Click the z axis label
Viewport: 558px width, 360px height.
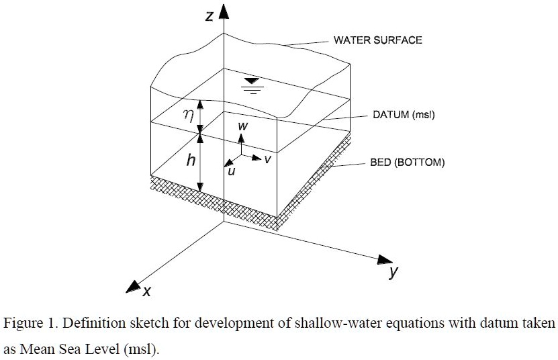click(x=210, y=15)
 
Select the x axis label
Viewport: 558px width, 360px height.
click(x=146, y=291)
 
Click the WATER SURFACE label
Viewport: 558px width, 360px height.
click(x=377, y=40)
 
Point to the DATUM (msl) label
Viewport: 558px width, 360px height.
click(x=404, y=115)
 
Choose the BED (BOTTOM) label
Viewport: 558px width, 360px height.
click(x=407, y=163)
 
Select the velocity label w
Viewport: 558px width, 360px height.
click(x=242, y=126)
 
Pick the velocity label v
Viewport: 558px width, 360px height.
click(x=267, y=159)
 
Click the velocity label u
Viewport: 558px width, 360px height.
click(x=232, y=172)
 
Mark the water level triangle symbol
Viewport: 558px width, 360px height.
click(x=252, y=83)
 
